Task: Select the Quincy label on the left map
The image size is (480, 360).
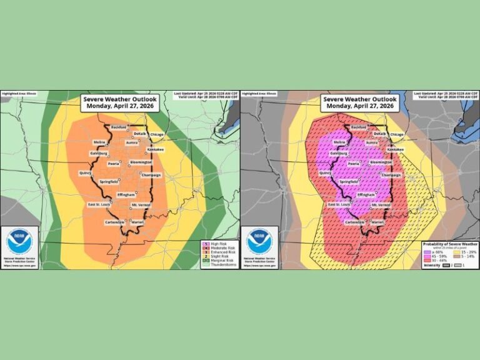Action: [86, 172]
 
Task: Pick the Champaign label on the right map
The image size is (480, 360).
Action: [391, 176]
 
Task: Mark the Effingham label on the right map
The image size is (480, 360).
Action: [367, 195]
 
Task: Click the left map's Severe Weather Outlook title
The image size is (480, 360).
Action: [121, 99]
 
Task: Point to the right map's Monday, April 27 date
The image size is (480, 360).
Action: [360, 106]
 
